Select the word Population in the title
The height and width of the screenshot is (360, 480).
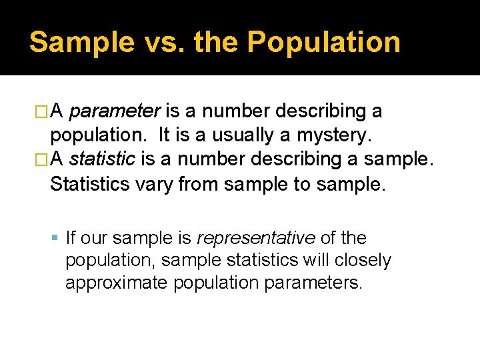tap(323, 42)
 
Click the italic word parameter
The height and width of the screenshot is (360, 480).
tap(114, 110)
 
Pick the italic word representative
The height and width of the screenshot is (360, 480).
tap(256, 238)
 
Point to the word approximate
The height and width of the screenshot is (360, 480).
tap(117, 283)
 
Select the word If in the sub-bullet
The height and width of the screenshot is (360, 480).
tap(70, 238)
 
